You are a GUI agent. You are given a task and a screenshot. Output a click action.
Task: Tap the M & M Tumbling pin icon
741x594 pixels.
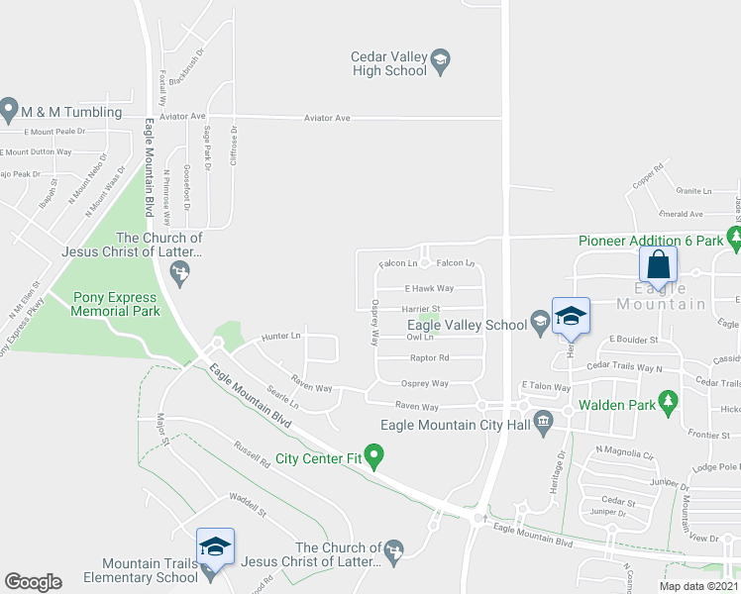point(10,106)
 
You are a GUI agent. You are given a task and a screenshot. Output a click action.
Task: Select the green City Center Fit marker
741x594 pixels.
point(373,456)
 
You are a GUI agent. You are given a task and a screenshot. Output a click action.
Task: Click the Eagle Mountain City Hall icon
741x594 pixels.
point(543,424)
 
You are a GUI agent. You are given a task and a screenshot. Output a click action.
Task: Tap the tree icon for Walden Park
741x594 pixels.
point(669,401)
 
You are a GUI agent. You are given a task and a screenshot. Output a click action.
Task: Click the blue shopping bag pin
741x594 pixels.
point(658,265)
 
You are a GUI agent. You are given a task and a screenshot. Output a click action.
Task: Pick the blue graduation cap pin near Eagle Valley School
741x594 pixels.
point(571,316)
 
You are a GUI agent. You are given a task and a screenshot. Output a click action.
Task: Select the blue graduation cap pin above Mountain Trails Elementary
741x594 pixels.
point(215,546)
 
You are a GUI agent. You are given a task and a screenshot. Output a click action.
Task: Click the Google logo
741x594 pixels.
point(33,581)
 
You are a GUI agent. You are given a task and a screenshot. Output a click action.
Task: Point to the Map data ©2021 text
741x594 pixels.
point(697,586)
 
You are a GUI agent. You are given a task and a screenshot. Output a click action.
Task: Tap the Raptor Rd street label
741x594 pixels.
point(429,358)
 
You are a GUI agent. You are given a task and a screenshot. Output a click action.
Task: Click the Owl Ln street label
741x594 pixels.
point(420,337)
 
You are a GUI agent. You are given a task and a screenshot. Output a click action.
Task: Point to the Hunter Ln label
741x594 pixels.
point(279,338)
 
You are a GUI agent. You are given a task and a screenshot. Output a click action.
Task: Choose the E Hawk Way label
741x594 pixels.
point(428,288)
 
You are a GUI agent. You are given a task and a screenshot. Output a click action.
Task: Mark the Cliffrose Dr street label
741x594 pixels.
point(234,145)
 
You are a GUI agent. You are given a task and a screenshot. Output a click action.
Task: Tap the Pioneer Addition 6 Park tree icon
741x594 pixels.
point(733,238)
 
